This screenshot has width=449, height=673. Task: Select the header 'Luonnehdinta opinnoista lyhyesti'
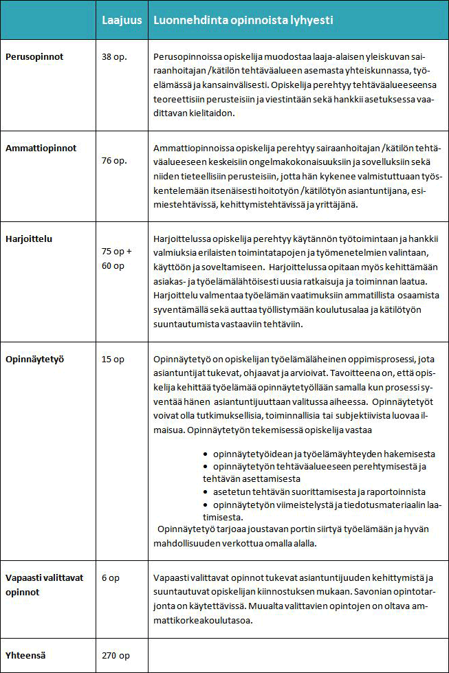coord(243,21)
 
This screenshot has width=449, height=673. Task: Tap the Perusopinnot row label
coord(34,57)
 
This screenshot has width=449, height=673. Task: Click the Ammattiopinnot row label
coord(41,148)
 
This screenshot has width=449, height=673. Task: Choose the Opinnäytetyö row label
coord(35,359)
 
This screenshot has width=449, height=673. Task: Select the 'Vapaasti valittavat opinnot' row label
coord(45,584)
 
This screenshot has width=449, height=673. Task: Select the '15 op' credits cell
coord(113,359)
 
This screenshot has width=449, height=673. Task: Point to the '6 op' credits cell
coord(110,578)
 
